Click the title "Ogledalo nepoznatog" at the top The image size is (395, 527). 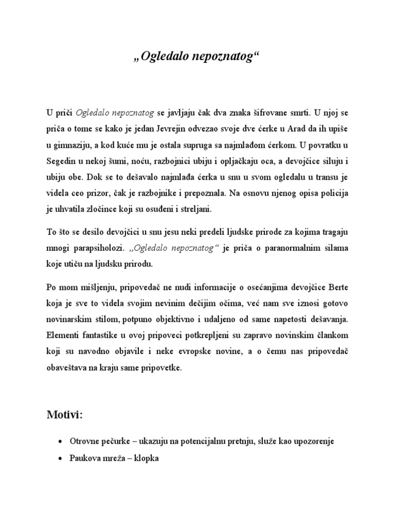(197, 56)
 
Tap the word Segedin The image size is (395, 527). (61, 162)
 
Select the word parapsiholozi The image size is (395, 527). (98, 249)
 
